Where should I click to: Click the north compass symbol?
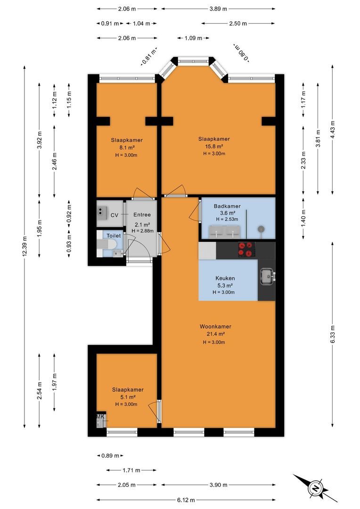click(x=315, y=488)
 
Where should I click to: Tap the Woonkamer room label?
click(x=215, y=327)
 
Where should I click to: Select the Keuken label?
click(x=225, y=278)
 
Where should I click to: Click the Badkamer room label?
click(x=227, y=206)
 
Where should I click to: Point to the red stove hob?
click(x=245, y=250)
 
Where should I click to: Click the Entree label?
click(x=142, y=214)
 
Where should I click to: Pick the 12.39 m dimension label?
click(x=25, y=246)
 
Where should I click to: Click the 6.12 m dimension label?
click(x=187, y=500)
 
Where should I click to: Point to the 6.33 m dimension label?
click(x=332, y=334)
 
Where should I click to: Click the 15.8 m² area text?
click(x=214, y=147)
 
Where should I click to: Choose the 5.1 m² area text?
click(x=128, y=397)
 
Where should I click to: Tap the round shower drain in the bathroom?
click(x=261, y=229)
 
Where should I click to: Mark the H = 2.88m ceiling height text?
click(x=142, y=231)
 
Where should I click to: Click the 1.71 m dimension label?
click(x=131, y=470)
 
